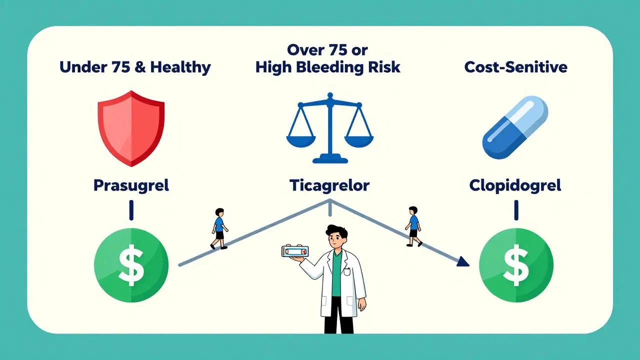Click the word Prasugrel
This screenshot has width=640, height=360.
tap(131, 185)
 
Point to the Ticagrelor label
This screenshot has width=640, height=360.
tap(329, 185)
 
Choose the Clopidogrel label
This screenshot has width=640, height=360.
tap(515, 185)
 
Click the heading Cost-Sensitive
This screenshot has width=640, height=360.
tap(515, 67)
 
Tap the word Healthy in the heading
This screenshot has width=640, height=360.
tap(180, 67)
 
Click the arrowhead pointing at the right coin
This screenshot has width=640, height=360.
tap(462, 261)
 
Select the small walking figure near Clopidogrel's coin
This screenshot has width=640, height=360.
tap(413, 226)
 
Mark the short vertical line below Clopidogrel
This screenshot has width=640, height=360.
tap(516, 210)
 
